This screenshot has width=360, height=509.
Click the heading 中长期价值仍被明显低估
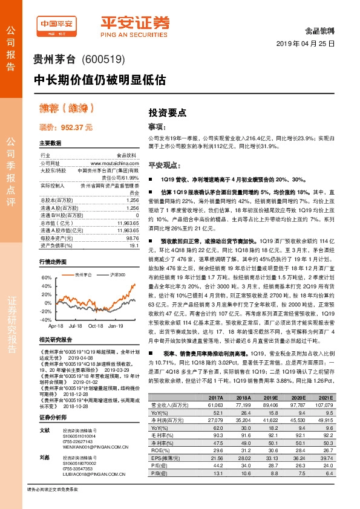99,79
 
